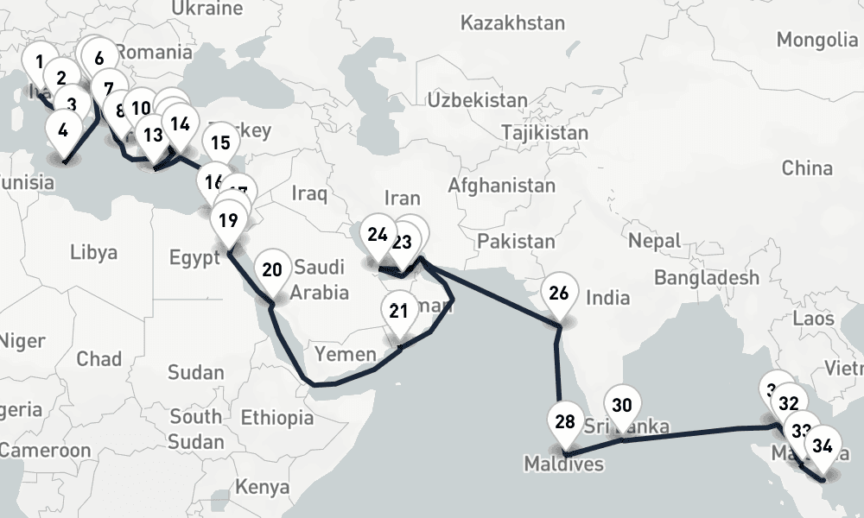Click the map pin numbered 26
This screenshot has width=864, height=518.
(x=559, y=294)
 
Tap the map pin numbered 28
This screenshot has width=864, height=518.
(x=565, y=422)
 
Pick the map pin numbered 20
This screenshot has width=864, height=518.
(x=272, y=270)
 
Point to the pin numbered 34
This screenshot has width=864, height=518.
(x=823, y=447)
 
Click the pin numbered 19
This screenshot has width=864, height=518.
(x=228, y=220)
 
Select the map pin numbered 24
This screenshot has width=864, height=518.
(x=378, y=235)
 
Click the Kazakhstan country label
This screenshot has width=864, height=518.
(x=512, y=22)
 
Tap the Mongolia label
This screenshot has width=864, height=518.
(x=816, y=40)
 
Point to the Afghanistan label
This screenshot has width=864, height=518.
(x=501, y=186)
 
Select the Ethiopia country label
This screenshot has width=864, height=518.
(x=276, y=419)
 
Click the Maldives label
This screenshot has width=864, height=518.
(x=563, y=464)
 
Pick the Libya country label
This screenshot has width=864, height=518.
(x=93, y=252)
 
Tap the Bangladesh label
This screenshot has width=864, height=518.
(x=707, y=277)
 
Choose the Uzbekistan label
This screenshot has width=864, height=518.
(x=477, y=100)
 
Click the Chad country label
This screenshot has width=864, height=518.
(x=99, y=358)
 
